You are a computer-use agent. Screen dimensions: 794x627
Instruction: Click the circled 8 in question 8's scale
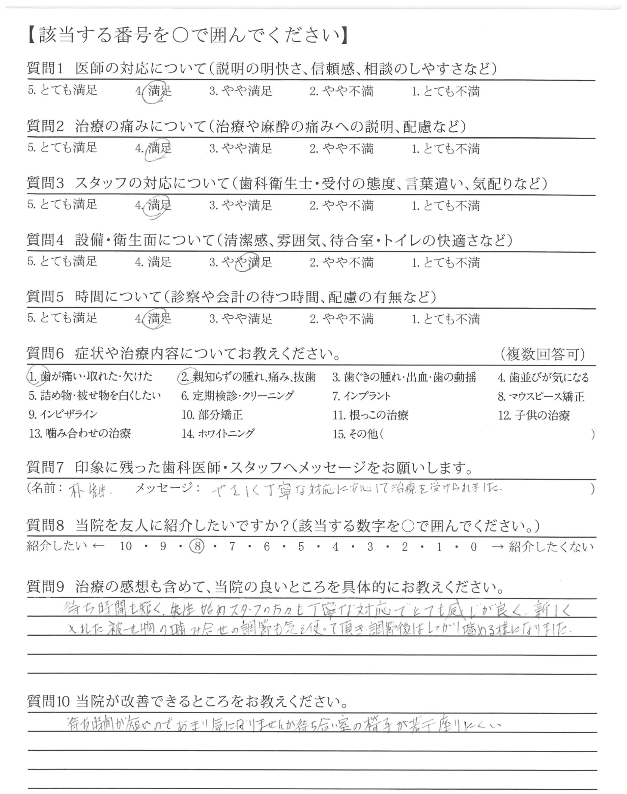point(197,547)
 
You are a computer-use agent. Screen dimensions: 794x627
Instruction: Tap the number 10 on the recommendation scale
point(125,547)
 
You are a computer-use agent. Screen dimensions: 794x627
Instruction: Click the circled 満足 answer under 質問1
point(159,91)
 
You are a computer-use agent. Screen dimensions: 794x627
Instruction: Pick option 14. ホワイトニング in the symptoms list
point(218,434)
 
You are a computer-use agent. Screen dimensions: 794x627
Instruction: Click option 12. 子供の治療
point(534,415)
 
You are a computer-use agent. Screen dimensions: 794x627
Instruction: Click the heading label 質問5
point(45,296)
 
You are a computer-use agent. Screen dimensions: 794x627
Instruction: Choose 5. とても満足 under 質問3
point(62,204)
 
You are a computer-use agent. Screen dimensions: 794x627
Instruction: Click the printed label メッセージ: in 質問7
point(168,488)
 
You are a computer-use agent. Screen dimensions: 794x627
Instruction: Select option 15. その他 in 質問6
point(355,434)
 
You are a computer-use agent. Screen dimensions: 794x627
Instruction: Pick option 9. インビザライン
point(63,415)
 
